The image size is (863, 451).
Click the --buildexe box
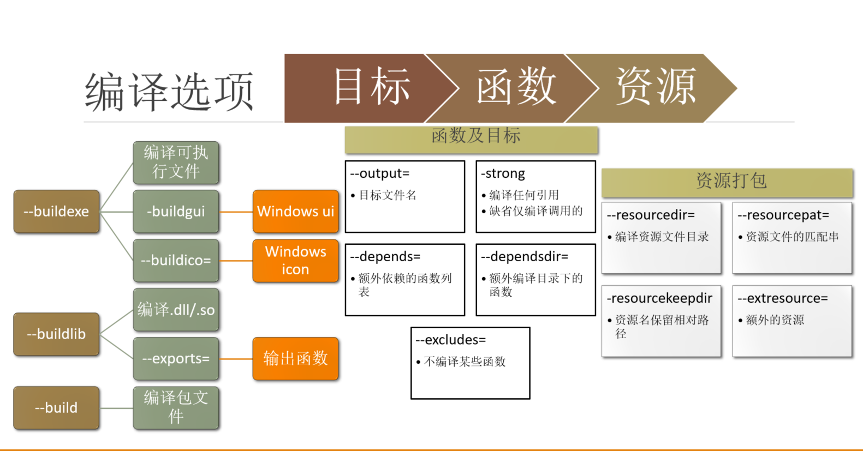coord(56,212)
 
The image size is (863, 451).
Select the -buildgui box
coord(176,212)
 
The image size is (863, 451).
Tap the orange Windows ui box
coord(295,212)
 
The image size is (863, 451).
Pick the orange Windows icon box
coord(295,261)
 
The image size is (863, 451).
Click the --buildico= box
coord(176,261)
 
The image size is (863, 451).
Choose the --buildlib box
coord(56,334)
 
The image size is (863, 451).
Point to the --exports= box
coord(176,359)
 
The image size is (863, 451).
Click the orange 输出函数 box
coord(295,359)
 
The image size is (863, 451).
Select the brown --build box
coord(56,408)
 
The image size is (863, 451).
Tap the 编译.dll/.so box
coord(176,310)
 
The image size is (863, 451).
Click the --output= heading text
coord(380,173)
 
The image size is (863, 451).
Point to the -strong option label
coord(503,173)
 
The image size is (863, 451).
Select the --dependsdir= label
coord(525,257)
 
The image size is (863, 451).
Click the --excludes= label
coord(451,340)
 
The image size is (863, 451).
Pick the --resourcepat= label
coord(783,215)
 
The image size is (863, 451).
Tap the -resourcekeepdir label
coord(659,298)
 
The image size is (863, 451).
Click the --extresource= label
coord(783,298)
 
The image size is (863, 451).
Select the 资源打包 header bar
coord(727,182)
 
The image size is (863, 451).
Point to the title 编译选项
coord(169,92)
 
